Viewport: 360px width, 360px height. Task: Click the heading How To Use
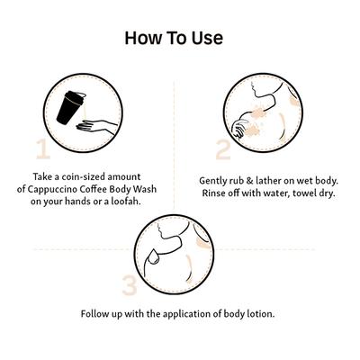pos(174,38)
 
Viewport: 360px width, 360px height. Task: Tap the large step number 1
pos(43,148)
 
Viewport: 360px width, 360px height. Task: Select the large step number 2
pos(223,149)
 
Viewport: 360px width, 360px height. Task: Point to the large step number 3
pos(130,285)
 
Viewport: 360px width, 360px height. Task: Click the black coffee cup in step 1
pos(70,107)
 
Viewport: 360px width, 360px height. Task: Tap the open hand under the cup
pos(95,126)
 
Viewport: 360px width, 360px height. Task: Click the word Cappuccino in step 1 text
pos(53,190)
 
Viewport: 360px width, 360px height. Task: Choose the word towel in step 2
pos(305,193)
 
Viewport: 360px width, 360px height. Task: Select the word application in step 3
pos(187,315)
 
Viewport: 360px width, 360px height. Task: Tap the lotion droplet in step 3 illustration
pos(154,257)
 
